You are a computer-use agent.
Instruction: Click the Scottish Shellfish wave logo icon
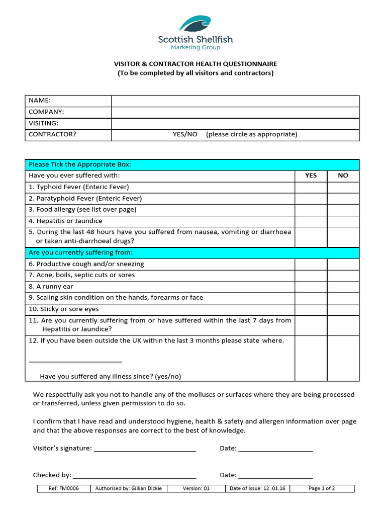click(196, 24)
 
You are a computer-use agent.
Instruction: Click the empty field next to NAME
click(235, 101)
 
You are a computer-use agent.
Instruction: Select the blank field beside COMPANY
click(235, 112)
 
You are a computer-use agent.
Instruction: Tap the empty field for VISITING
click(235, 123)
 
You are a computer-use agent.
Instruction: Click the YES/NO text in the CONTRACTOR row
click(185, 135)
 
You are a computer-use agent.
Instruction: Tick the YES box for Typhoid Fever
click(311, 187)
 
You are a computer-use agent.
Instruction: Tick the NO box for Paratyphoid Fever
click(343, 199)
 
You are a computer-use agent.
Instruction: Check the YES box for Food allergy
click(311, 210)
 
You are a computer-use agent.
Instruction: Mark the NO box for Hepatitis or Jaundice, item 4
click(343, 221)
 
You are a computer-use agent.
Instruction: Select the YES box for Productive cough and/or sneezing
click(311, 264)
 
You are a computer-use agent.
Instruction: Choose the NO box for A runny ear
click(343, 287)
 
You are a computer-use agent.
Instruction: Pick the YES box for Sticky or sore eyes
click(311, 309)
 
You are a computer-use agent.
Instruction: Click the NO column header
click(343, 176)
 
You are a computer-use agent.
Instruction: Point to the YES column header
click(311, 176)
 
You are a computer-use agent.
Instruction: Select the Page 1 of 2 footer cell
click(322, 489)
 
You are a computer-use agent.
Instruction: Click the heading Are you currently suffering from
click(81, 252)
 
